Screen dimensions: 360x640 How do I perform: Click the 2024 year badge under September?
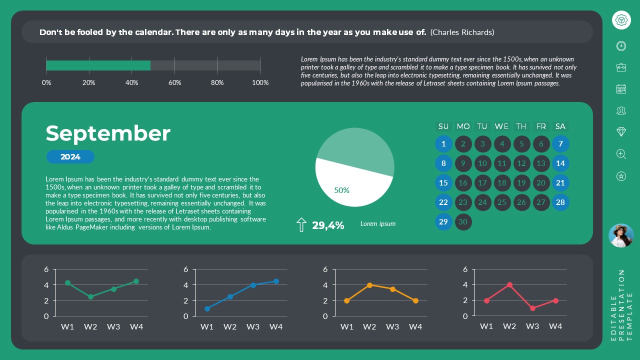coord(70,157)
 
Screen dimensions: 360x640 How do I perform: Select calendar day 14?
coord(560,163)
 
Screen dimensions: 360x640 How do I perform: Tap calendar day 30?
coord(463,222)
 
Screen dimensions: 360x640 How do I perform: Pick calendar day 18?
coord(502,183)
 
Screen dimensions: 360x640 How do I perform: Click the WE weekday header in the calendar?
coord(501,126)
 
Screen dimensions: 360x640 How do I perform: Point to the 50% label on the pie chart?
coord(341,190)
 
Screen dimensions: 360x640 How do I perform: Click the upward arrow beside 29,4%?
coord(301,225)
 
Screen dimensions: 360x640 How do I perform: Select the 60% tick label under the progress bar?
coord(174,82)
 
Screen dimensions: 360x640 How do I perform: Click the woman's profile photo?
coord(621,235)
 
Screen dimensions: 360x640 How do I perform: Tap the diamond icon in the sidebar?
coord(621,131)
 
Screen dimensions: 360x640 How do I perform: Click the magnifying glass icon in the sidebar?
coord(621,154)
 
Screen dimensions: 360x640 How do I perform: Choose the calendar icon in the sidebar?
coord(621,89)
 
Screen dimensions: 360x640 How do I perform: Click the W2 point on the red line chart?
coord(509,285)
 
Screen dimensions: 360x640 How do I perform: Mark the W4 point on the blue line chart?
coord(276,281)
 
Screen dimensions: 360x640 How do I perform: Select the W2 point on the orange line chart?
coord(369,285)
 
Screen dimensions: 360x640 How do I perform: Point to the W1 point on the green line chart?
coord(67,283)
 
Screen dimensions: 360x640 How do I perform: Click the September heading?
coord(108,133)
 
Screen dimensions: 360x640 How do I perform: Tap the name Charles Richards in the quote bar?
coord(462,32)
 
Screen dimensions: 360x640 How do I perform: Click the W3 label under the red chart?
coord(532,326)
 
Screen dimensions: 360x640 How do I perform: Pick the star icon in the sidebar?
coord(621,176)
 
